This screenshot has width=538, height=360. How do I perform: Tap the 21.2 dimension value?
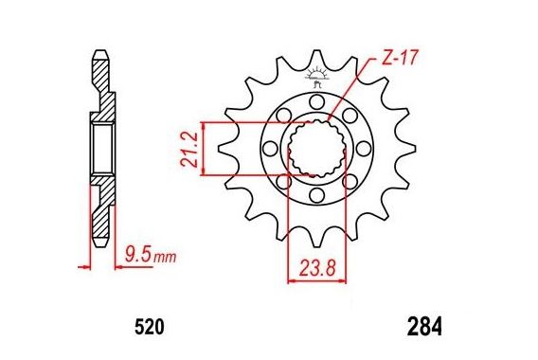tap(189, 149)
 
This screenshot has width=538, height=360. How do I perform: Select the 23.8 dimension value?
tap(317, 268)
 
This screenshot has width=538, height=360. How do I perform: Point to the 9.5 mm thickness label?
tap(151, 256)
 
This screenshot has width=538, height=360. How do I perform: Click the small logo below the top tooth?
tap(316, 78)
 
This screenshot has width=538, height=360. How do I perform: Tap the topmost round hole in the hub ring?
tap(316, 101)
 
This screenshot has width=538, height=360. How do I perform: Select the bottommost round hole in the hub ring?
tap(316, 195)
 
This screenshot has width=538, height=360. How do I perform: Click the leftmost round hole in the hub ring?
tap(270, 148)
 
